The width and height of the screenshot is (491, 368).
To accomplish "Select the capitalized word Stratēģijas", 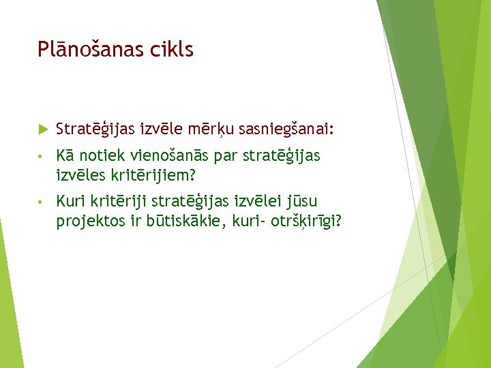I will point(95,129).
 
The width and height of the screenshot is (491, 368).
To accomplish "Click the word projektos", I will point(87,221).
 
